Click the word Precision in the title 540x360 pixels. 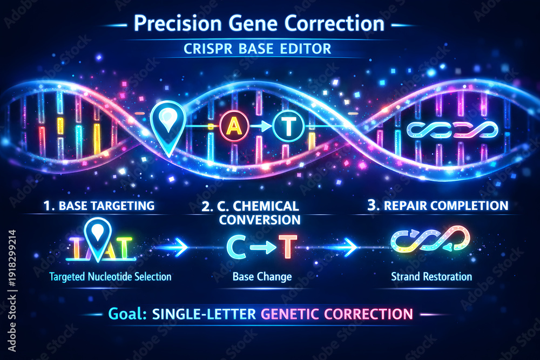[178, 23]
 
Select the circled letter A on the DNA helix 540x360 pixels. [234, 126]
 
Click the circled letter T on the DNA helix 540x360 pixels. [288, 126]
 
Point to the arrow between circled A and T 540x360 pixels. [260, 126]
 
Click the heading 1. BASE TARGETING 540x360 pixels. [99, 206]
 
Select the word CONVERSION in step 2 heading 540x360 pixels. [260, 220]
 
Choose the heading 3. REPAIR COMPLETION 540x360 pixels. [438, 205]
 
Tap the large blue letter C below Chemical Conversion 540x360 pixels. [237, 247]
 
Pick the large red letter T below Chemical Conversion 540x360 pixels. [288, 247]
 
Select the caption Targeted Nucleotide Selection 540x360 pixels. [110, 277]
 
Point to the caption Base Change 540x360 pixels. [262, 277]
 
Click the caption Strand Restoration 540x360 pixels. [431, 276]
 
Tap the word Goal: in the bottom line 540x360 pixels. [128, 314]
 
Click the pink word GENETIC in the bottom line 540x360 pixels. [289, 314]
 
